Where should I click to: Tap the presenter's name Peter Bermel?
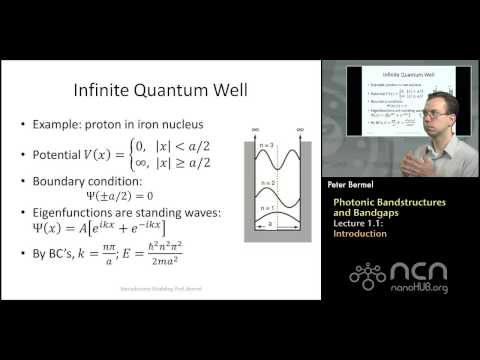358,187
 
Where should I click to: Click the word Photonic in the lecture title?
355,202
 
